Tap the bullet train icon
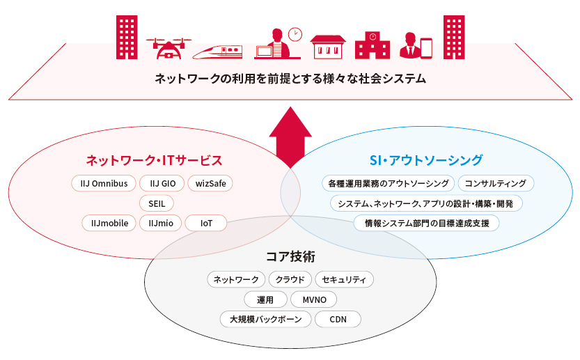pos(217,50)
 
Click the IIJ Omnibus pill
pos(102,184)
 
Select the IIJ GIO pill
pos(161,184)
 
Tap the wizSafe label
pos(210,184)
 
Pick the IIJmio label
pos(161,224)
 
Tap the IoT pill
pos(206,224)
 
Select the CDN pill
pos(338,320)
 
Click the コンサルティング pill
pos(496,184)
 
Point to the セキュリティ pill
pos(345,280)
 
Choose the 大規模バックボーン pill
pos(265,320)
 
